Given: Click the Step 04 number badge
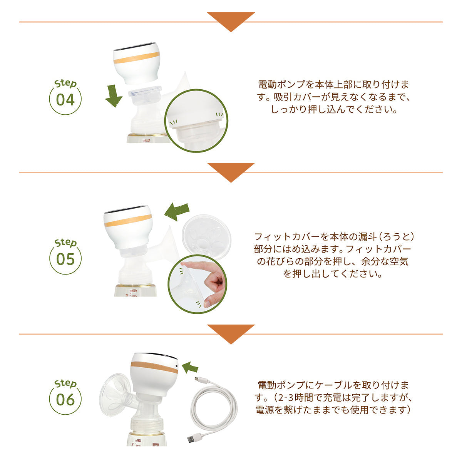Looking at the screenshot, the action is [65, 97].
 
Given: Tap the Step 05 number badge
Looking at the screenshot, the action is [65, 256].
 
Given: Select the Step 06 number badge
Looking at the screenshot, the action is [65, 397].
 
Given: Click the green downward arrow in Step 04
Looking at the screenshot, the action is [114, 95].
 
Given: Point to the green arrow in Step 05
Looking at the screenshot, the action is [177, 211].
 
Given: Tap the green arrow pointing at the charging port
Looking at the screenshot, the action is [190, 367].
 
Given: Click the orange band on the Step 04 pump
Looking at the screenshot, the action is [137, 57].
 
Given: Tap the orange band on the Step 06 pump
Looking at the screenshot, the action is [154, 367].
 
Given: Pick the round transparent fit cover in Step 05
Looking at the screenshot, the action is [206, 237].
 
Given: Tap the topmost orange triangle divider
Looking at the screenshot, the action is [231, 22].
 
